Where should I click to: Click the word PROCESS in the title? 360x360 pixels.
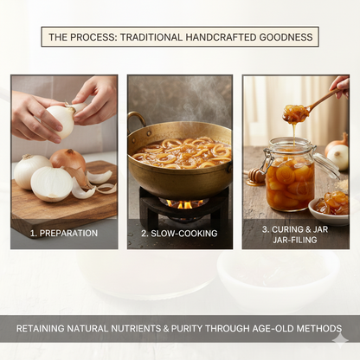click(93, 37)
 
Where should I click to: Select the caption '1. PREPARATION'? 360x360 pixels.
click(64, 233)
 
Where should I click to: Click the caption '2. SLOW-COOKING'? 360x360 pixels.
click(179, 233)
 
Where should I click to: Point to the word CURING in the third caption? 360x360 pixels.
click(287, 229)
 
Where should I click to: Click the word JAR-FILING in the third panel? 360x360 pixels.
click(295, 240)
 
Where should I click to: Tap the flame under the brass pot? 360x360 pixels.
click(183, 204)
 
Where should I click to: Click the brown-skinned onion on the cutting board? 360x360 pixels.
click(68, 159)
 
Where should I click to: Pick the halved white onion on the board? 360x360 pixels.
click(52, 183)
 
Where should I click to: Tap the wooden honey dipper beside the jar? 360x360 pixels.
click(254, 176)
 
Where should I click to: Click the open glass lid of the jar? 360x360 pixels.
click(327, 165)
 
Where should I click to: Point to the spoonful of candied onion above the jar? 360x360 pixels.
click(296, 112)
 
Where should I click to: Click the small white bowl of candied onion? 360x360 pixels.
click(329, 209)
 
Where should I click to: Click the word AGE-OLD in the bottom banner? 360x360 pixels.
click(273, 329)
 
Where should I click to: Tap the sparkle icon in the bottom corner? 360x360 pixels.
click(340, 340)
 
